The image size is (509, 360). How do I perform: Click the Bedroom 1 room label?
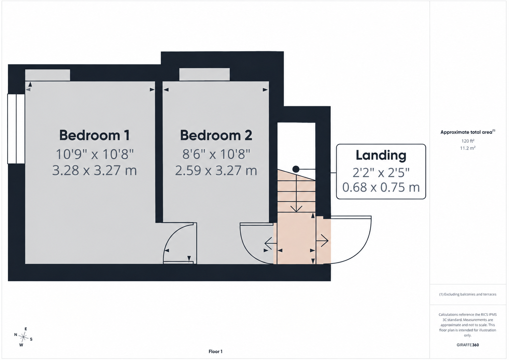tap(94, 135)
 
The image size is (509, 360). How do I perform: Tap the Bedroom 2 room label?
tap(216, 135)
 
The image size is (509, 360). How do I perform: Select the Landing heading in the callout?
tap(381, 156)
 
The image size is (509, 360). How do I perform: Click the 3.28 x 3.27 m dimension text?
tap(95, 171)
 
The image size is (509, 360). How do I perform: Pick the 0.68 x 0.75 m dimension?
tap(381, 187)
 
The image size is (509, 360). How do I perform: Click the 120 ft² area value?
tap(468, 141)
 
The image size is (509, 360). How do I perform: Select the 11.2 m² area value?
tap(468, 148)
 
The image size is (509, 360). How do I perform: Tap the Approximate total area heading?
tap(468, 132)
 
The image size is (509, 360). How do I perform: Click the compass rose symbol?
tap(23, 337)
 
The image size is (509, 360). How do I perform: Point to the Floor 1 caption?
tap(215, 351)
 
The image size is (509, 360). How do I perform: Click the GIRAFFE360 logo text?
tap(468, 345)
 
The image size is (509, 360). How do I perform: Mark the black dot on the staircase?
tap(296, 169)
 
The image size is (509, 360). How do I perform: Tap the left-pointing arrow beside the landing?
tap(271, 243)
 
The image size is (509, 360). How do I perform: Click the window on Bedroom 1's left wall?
tap(16, 129)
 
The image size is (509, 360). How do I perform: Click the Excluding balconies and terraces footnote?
tap(468, 294)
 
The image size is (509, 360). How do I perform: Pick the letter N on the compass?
tap(16, 334)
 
